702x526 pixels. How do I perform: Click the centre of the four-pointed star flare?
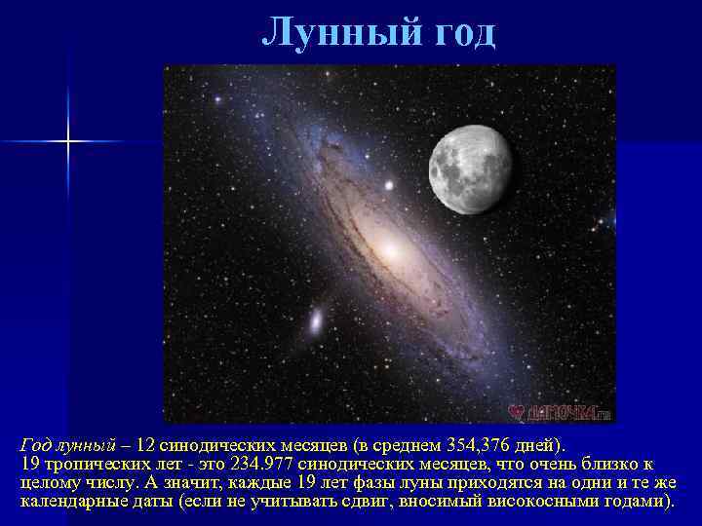click(x=69, y=142)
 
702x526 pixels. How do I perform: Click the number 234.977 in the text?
click(x=259, y=464)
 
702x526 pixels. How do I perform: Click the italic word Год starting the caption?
click(x=37, y=444)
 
